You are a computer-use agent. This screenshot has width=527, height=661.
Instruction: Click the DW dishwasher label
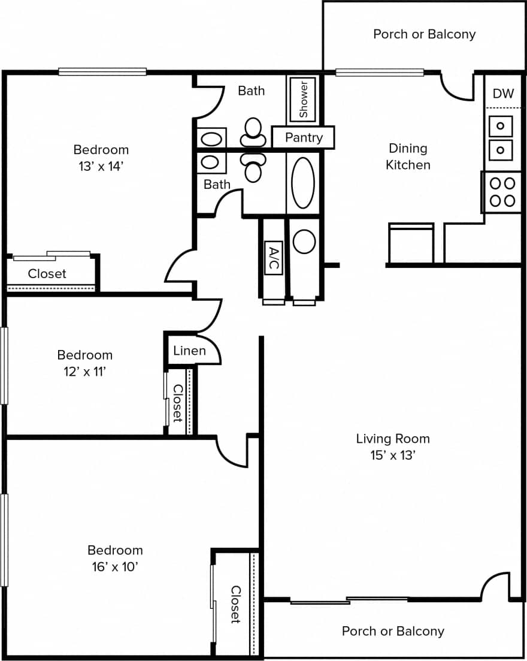(503, 93)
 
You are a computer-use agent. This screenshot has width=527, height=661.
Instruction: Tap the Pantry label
(304, 137)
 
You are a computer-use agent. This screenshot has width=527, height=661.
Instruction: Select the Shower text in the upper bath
(304, 98)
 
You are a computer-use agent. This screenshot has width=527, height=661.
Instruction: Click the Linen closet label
(189, 351)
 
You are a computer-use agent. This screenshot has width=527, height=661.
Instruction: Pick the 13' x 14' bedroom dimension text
(101, 166)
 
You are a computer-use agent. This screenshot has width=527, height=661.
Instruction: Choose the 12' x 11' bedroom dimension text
(84, 372)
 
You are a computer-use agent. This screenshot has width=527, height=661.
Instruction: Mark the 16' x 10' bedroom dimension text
(115, 566)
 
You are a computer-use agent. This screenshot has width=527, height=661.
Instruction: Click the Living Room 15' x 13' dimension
(393, 455)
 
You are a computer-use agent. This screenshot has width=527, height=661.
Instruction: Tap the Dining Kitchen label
(408, 156)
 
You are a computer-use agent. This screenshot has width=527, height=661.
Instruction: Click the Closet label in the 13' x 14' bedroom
(47, 274)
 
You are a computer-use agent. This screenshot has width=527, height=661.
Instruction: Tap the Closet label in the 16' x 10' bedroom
(236, 604)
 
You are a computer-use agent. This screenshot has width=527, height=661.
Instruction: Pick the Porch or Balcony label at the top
(424, 34)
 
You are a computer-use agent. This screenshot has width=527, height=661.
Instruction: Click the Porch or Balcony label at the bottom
(393, 631)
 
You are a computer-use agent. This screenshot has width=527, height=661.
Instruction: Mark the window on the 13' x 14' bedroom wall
(102, 72)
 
